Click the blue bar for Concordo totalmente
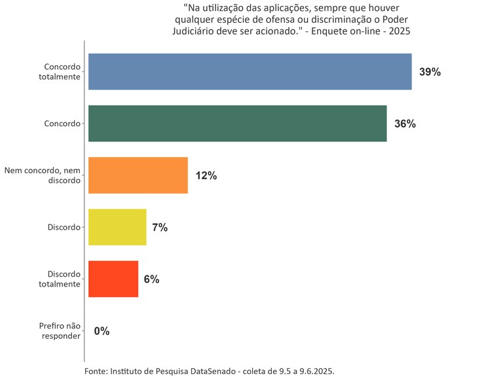(250, 72)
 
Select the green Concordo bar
(237, 124)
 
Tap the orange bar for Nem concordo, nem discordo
(138, 175)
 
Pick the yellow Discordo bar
(117, 227)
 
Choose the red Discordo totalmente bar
(113, 279)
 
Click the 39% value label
(430, 73)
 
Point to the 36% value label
(405, 124)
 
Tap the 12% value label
(206, 176)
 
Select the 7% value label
(160, 228)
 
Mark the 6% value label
(151, 279)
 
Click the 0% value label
(102, 331)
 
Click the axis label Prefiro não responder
(60, 331)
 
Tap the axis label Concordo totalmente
(62, 72)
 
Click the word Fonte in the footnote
(96, 371)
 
